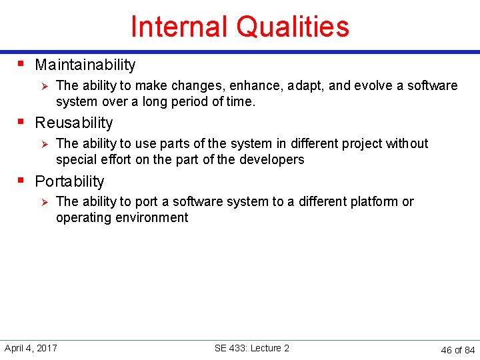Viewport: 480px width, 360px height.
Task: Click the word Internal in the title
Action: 179,27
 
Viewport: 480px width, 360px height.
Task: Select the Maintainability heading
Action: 85,65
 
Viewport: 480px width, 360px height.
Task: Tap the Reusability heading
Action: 74,123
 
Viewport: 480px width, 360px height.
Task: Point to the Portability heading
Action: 69,181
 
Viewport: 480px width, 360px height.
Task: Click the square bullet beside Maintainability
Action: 21,64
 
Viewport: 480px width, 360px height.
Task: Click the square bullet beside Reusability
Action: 21,122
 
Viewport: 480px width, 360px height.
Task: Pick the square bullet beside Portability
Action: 21,180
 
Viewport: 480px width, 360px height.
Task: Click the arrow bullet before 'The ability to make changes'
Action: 43,86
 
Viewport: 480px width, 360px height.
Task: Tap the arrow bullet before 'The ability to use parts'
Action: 43,144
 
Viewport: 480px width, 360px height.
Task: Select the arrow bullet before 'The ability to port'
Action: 43,202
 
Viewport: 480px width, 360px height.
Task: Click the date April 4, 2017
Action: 31,348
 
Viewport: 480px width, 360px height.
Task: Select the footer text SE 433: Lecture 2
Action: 252,348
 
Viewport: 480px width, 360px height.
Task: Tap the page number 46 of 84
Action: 458,349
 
